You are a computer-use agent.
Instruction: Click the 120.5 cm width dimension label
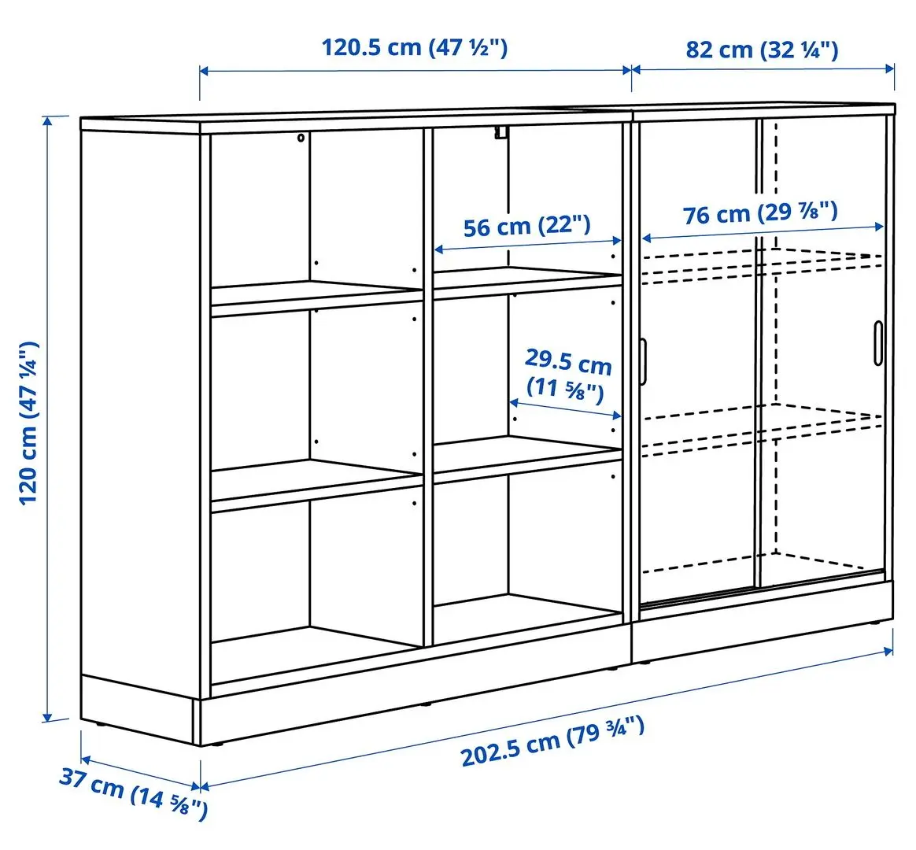[414, 47]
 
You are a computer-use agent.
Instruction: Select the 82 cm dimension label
[762, 50]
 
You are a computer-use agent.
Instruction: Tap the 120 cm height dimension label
[29, 423]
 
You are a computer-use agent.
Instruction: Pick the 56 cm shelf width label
[526, 227]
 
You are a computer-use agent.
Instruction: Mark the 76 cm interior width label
[760, 213]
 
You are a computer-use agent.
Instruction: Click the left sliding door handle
[643, 362]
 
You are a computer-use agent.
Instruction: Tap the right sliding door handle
[877, 343]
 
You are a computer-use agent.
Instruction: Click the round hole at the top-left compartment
[301, 139]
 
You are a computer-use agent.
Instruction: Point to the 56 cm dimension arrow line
[527, 247]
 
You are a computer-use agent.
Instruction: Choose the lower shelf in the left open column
[315, 482]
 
